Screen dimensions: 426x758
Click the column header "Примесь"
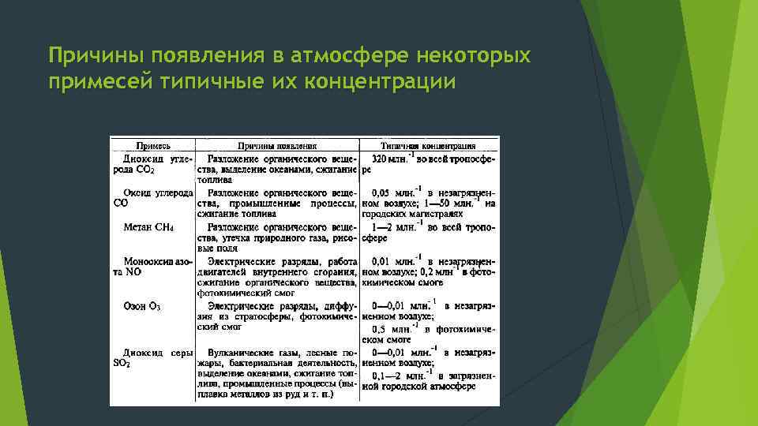coord(153,146)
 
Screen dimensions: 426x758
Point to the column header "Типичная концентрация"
coord(429,146)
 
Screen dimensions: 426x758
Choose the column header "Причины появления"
coord(277,146)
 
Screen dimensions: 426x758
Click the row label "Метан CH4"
coord(148,227)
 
